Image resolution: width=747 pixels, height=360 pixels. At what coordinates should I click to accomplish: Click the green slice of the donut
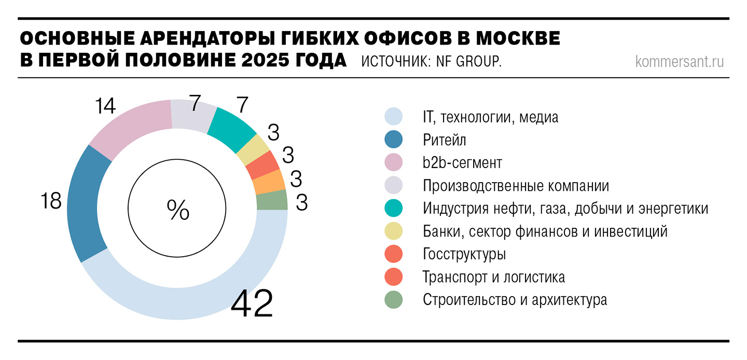click(272, 200)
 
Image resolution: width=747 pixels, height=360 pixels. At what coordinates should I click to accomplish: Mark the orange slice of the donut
click(268, 182)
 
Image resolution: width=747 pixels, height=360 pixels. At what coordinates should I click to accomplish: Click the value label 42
click(252, 304)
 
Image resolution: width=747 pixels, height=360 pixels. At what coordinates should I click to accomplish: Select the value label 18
click(51, 201)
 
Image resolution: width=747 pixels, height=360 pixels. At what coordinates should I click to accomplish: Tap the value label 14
click(105, 106)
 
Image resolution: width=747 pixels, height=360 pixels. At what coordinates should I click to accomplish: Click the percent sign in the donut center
click(178, 210)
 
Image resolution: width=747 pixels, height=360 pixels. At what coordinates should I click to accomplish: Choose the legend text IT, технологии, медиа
click(490, 117)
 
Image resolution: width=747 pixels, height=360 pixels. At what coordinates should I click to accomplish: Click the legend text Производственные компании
click(516, 186)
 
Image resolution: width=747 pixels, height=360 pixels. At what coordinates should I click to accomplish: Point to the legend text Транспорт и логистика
click(494, 277)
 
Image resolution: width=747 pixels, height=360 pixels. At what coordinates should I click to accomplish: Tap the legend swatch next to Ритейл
click(394, 140)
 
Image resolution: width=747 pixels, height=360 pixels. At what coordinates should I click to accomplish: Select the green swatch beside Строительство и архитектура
click(394, 300)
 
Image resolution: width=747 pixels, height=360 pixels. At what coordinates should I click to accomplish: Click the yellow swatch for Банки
click(394, 231)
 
